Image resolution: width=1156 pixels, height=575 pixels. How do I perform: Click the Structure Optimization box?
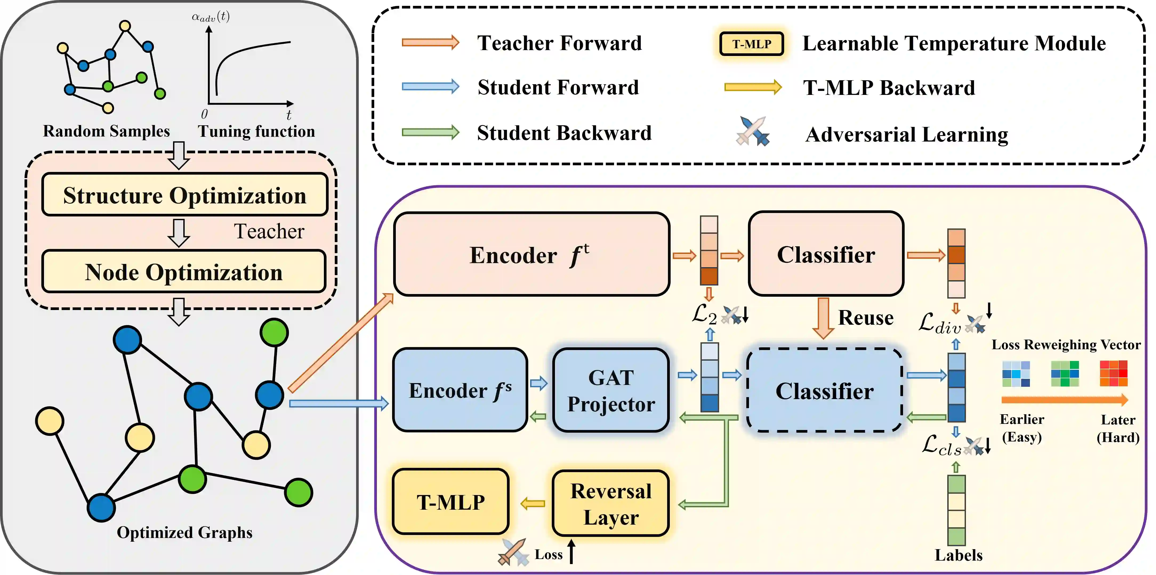(184, 195)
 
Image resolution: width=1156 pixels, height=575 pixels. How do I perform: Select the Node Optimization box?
(184, 272)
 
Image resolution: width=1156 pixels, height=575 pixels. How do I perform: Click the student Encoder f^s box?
(460, 390)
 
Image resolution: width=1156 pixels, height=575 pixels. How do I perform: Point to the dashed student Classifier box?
(824, 391)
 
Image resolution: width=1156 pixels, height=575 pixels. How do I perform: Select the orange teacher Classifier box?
(826, 254)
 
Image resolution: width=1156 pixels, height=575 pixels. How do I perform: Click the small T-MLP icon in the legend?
(752, 44)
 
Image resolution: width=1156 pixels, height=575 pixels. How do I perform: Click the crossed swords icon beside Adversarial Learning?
(752, 131)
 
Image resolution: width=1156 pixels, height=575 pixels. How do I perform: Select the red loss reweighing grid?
(1113, 373)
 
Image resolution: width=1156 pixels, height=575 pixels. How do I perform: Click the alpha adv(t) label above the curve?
(211, 17)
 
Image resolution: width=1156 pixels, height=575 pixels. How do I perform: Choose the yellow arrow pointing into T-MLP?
(532, 504)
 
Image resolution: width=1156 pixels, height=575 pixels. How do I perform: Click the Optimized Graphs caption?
(184, 532)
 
